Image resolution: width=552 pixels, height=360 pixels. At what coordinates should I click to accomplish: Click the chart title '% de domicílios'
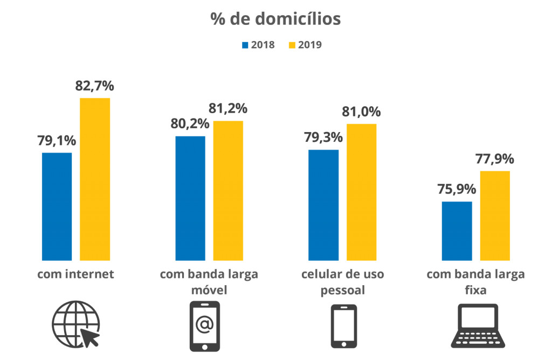pos(275,18)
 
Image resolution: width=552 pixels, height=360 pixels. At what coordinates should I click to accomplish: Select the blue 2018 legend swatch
pos(246,45)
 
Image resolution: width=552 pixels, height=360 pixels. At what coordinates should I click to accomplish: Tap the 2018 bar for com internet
pos(57,206)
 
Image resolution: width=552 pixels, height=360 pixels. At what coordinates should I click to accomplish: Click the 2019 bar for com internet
pos(95,179)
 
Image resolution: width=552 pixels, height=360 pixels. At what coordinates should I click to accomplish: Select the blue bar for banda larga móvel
pos(190,198)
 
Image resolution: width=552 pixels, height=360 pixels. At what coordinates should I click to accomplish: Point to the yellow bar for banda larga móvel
pos(228,190)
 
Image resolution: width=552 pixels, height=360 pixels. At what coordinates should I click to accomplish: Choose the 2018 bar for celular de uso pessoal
pos(323,205)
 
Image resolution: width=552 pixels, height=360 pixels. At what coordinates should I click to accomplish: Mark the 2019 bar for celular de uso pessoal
pos(362,192)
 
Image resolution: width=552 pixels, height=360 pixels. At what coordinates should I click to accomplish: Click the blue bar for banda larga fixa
pos(457,231)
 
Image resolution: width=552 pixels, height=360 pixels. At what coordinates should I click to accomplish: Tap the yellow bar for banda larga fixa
pos(495,216)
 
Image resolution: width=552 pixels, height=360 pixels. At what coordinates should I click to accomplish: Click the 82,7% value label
pos(95,86)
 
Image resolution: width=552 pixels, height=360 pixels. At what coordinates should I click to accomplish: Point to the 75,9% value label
pos(457,190)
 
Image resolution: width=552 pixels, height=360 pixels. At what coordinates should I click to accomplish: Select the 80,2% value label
pos(190,124)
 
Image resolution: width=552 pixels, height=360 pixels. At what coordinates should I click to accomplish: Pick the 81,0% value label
pos(361,112)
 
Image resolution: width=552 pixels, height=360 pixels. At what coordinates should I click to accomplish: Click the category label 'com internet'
pos(75,274)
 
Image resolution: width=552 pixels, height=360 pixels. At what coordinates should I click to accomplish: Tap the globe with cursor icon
pos(76,326)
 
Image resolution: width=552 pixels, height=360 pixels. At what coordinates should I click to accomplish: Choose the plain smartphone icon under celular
pos(343,326)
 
